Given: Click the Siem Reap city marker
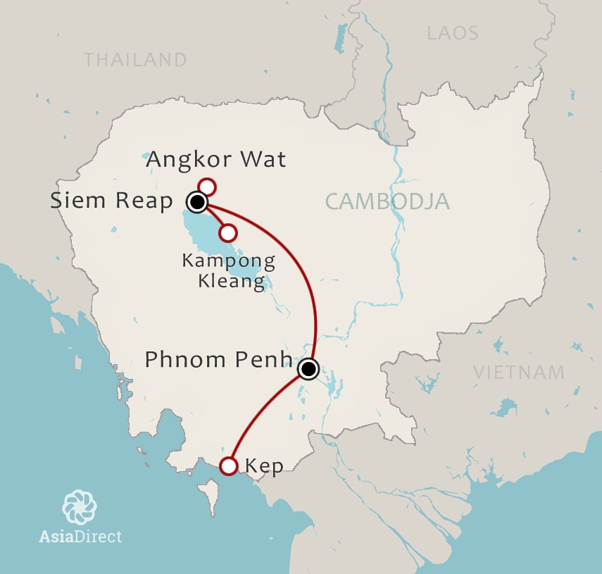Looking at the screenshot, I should pyautogui.click(x=197, y=203).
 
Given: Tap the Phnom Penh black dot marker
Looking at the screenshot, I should pyautogui.click(x=308, y=368).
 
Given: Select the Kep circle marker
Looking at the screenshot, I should pyautogui.click(x=228, y=466).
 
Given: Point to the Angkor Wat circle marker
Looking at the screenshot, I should pyautogui.click(x=206, y=187).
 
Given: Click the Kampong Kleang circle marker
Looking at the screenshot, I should pyautogui.click(x=228, y=232).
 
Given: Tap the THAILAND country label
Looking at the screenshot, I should pyautogui.click(x=135, y=60).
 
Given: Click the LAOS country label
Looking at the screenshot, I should pyautogui.click(x=453, y=33).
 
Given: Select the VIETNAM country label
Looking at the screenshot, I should pyautogui.click(x=518, y=373).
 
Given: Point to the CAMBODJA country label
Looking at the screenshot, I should pyautogui.click(x=387, y=202).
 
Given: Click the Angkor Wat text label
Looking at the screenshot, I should pyautogui.click(x=215, y=160).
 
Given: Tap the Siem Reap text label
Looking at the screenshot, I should pyautogui.click(x=111, y=201).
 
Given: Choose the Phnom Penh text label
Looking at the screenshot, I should pyautogui.click(x=218, y=361).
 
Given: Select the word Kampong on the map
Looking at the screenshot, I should pyautogui.click(x=228, y=261).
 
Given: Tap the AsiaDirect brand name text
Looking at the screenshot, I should pyautogui.click(x=80, y=537).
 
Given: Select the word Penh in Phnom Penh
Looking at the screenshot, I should pyautogui.click(x=267, y=361).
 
